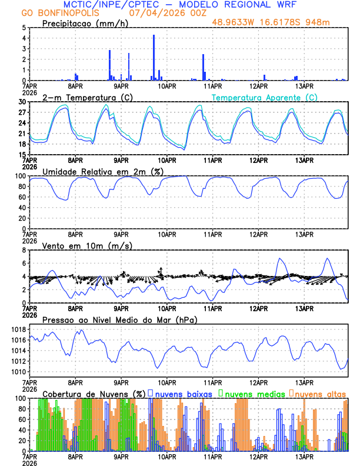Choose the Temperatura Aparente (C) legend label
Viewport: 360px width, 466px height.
pyautogui.click(x=264, y=97)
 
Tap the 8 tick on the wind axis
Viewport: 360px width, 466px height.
pyautogui.click(x=24, y=250)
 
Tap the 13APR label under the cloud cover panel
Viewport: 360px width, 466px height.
pyautogui.click(x=304, y=457)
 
